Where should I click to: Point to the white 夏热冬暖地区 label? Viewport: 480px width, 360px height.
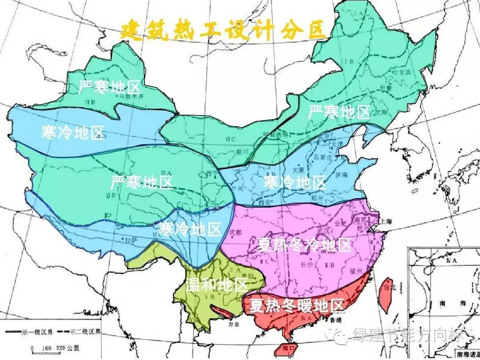point(296,305)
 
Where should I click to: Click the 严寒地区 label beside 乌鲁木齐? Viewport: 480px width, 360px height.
point(109,87)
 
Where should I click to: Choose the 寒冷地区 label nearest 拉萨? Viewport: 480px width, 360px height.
point(190,229)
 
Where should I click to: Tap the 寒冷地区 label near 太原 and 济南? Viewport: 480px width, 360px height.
point(295,182)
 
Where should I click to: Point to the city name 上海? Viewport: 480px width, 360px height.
point(384,221)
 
